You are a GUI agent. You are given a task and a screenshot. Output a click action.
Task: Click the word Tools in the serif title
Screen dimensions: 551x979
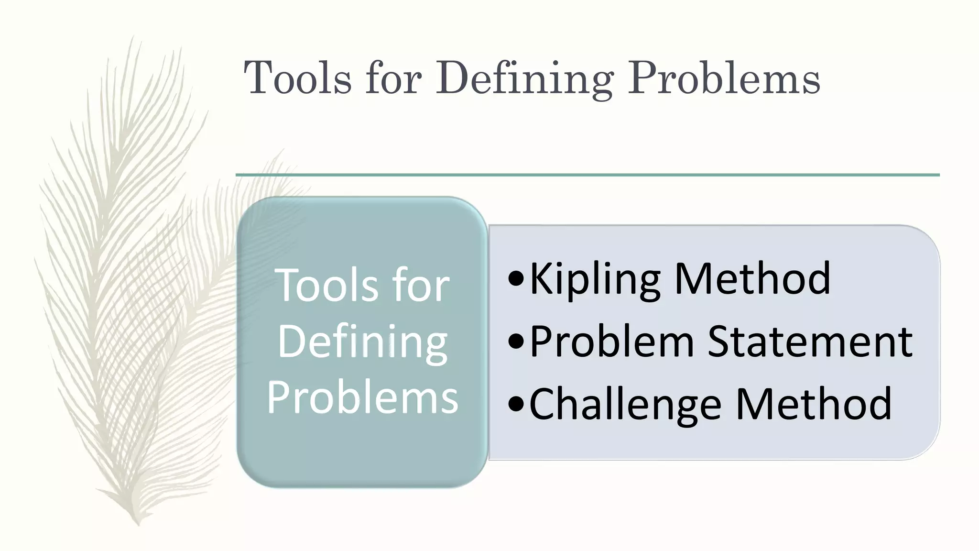297,77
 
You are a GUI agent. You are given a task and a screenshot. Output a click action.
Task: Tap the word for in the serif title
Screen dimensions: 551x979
394,77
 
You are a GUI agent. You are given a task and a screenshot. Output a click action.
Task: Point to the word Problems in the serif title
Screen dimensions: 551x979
724,77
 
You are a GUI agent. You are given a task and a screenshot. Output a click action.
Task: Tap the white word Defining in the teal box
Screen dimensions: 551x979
362,342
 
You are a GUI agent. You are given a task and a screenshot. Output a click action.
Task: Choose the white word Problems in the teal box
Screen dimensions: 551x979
362,397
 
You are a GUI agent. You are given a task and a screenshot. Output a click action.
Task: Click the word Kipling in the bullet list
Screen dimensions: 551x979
595,279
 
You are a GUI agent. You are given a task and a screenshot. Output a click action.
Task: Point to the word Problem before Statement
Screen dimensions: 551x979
612,342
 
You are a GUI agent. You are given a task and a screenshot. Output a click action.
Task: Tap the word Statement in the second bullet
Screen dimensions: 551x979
810,342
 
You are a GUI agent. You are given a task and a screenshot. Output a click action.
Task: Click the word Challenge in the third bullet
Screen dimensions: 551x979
625,405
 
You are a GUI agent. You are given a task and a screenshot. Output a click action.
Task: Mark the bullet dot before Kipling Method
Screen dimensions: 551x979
516,279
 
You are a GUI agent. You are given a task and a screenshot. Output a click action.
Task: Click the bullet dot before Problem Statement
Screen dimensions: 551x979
516,342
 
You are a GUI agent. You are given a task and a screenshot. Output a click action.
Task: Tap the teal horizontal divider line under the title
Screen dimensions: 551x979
587,175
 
